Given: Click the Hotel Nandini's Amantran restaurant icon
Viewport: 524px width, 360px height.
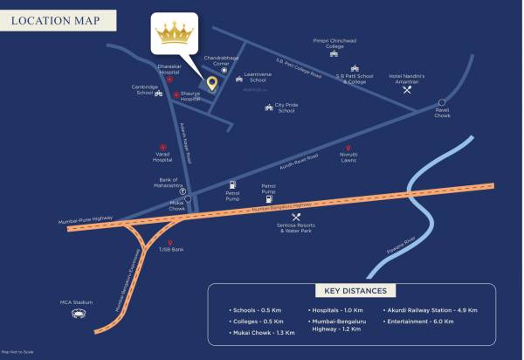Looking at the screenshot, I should click(x=406, y=89).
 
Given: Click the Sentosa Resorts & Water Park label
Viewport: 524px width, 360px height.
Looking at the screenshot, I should click(x=295, y=229).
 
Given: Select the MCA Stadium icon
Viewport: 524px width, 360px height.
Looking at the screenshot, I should click(x=78, y=312).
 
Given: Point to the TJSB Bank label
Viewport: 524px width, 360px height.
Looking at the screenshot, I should click(x=171, y=249).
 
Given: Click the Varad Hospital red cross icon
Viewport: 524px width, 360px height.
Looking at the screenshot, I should click(x=162, y=146).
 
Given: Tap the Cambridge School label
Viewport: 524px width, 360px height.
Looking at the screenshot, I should click(x=144, y=90).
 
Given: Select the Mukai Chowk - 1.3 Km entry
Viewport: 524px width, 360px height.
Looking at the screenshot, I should click(x=264, y=333).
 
